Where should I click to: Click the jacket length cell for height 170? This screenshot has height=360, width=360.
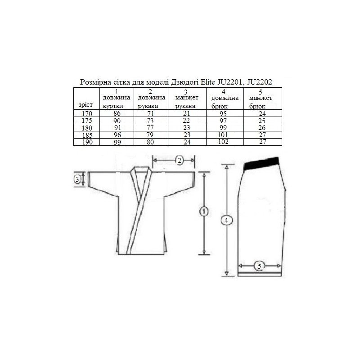point(117,113)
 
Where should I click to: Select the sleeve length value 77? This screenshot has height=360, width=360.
point(150,128)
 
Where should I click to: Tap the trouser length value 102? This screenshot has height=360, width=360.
point(223,142)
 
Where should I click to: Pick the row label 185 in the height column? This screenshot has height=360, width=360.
point(87,135)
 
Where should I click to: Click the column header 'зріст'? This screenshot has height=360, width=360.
point(85,105)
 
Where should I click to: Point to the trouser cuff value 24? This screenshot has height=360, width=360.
point(262,114)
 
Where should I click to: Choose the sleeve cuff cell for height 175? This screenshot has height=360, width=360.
point(186,121)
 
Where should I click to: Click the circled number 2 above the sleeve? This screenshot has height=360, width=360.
point(180,161)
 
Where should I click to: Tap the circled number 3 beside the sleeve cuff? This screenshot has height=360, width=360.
point(77,179)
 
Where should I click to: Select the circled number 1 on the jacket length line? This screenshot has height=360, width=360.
point(204,211)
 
